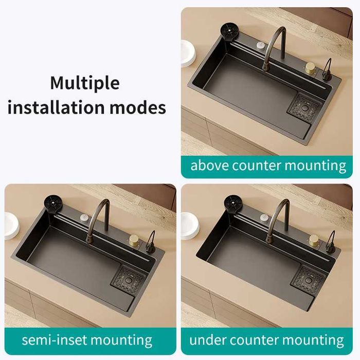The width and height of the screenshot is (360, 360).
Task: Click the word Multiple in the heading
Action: click(x=85, y=83)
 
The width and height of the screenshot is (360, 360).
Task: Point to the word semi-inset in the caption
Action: click(x=54, y=340)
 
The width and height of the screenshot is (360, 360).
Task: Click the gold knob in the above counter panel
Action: click(x=311, y=68)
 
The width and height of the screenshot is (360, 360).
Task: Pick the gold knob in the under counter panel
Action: click(x=314, y=240)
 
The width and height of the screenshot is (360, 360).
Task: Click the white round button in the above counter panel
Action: click(x=261, y=45)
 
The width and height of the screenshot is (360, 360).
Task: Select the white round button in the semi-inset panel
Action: click(x=84, y=217)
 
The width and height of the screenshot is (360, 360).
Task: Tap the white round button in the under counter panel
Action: click(x=264, y=217)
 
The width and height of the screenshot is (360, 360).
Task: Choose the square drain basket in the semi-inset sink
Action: click(x=128, y=278)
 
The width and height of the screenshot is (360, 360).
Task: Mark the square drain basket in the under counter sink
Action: click(x=308, y=278)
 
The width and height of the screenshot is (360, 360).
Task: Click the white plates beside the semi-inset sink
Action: click(x=11, y=226)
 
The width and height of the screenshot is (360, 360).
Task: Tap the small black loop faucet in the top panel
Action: click(x=327, y=70)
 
